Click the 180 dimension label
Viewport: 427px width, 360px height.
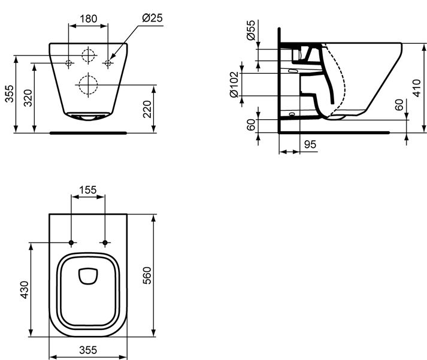click(88, 19)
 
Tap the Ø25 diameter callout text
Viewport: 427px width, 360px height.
click(152, 18)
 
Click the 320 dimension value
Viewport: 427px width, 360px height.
click(28, 98)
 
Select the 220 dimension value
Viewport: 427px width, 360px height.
click(147, 109)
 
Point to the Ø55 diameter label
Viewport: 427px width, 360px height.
click(251, 30)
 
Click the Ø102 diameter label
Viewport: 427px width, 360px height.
click(234, 84)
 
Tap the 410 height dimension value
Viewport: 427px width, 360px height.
click(417, 88)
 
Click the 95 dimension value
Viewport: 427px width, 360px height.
click(310, 144)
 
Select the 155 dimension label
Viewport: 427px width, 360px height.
click(87, 190)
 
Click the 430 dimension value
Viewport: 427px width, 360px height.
click(24, 290)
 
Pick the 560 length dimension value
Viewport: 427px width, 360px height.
click(147, 276)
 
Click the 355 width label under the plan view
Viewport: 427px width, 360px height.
click(88, 350)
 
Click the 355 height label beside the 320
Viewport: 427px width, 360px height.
click(9, 93)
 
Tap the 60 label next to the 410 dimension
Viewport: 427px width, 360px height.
click(399, 105)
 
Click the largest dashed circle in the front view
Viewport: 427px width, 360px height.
click(88, 85)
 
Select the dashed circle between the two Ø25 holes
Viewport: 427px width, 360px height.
click(88, 56)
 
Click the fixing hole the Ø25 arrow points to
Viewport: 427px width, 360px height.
click(108, 63)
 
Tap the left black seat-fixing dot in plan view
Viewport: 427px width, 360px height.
click(71, 243)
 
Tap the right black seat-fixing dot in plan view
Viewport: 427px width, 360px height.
click(105, 243)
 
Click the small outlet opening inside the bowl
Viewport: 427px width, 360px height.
click(87, 276)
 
